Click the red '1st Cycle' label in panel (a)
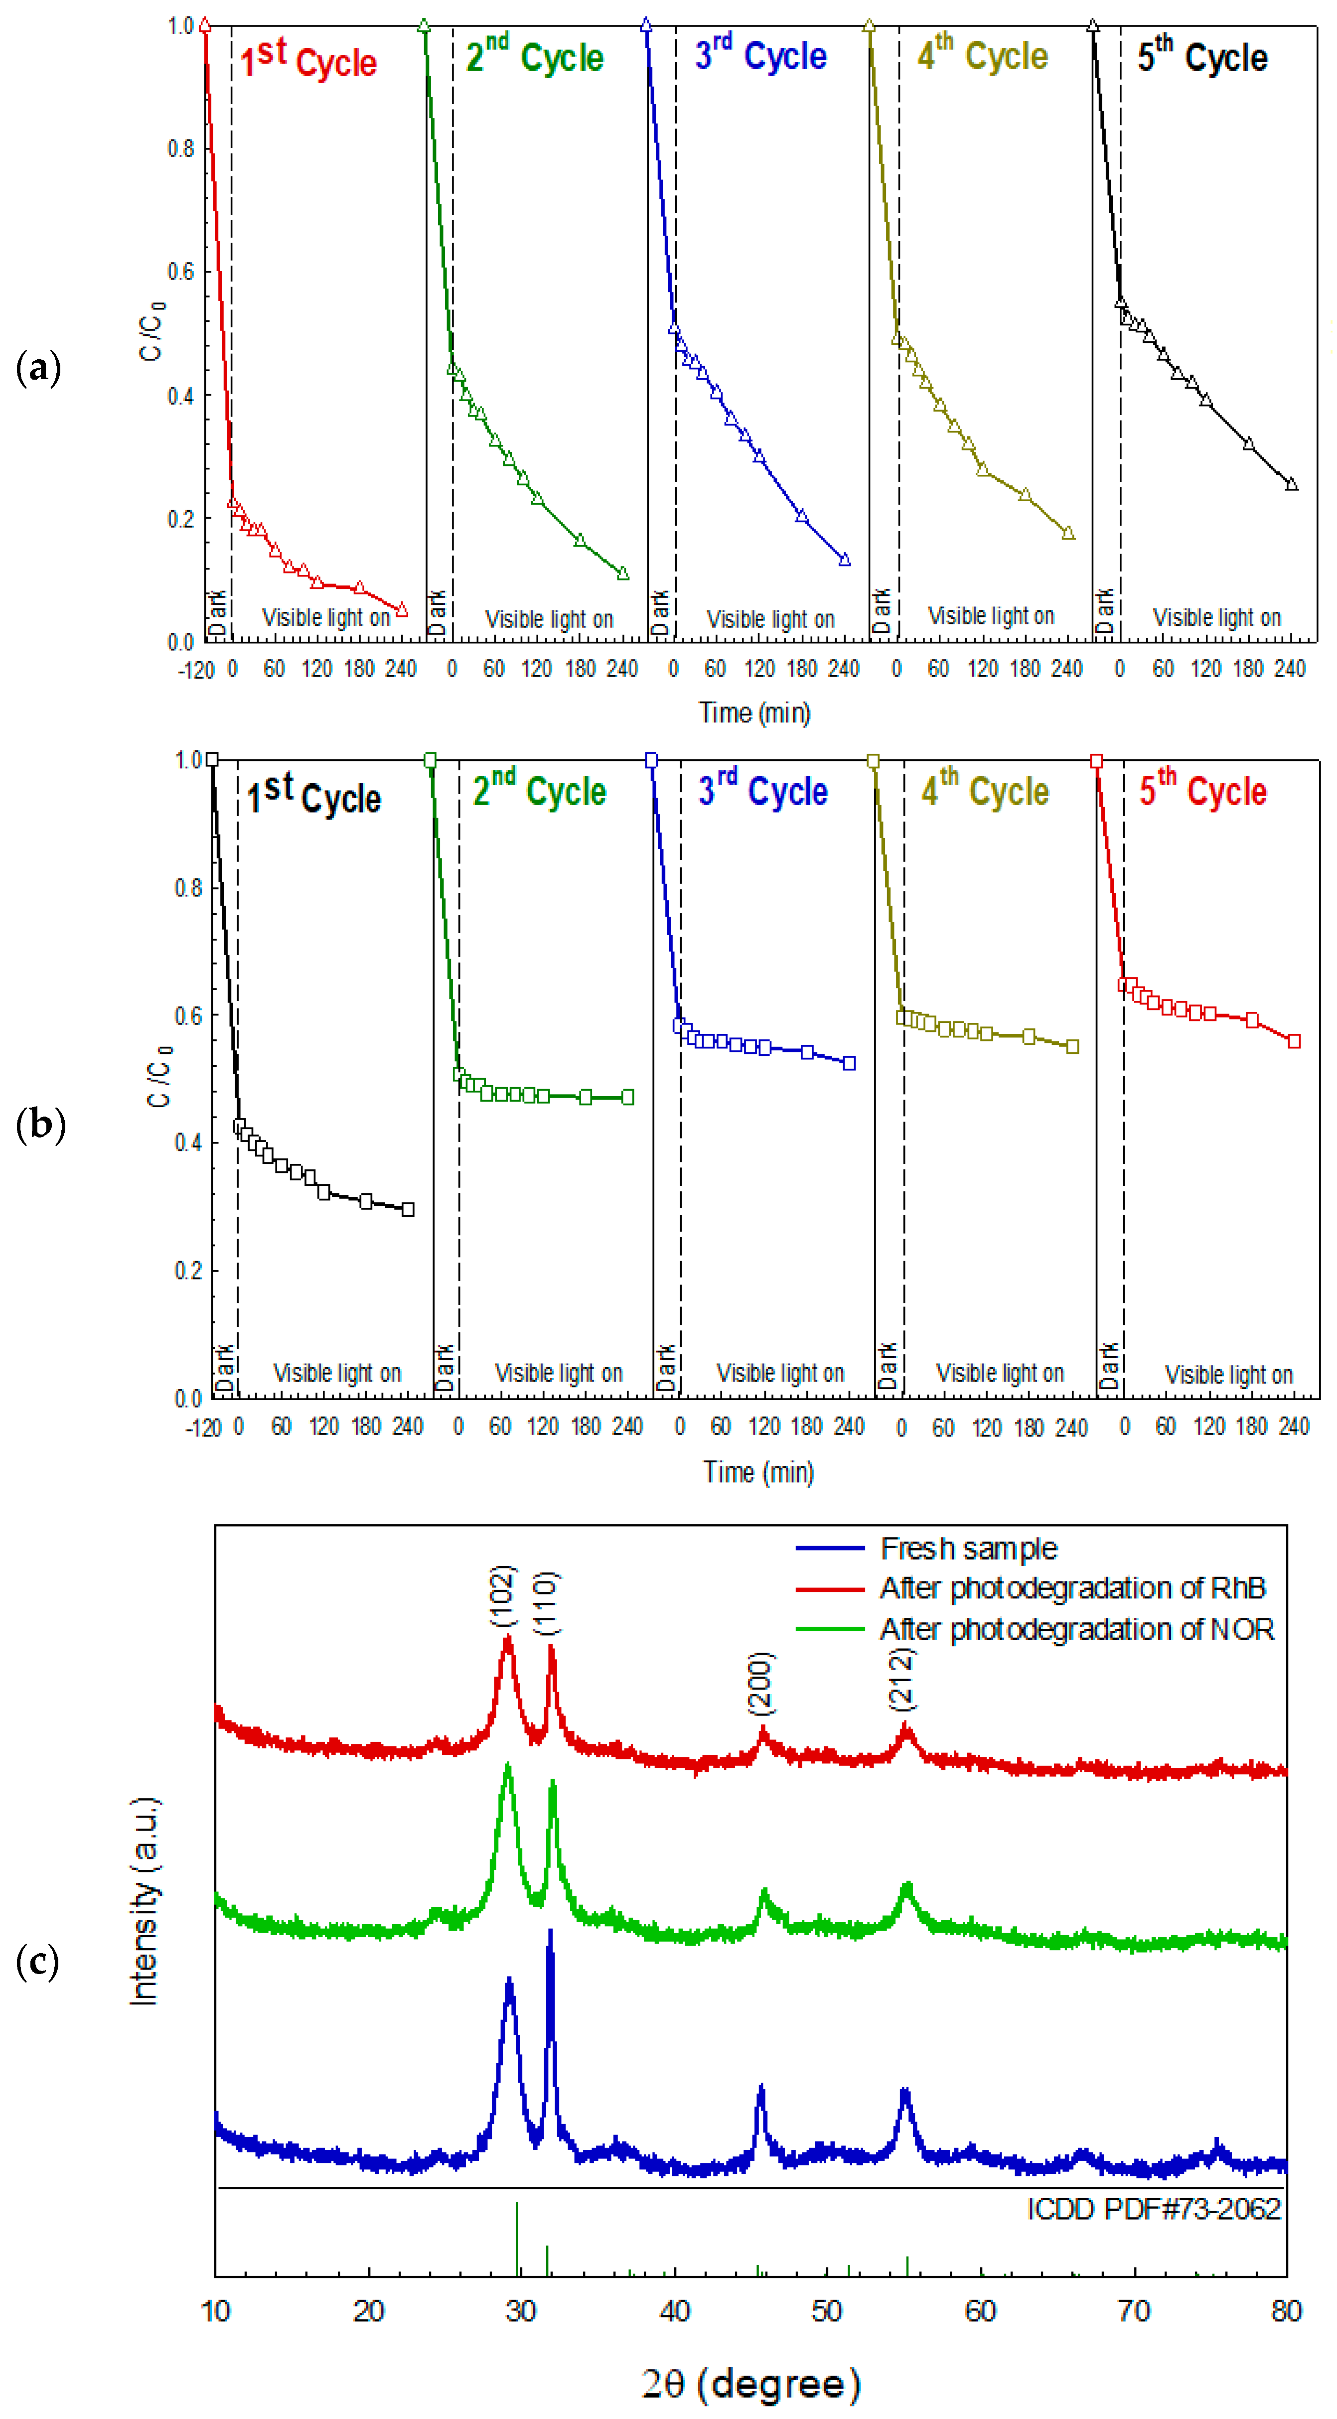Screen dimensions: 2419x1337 308,60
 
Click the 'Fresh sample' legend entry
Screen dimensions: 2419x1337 968,1549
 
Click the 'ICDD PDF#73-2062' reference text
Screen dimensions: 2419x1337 1154,2209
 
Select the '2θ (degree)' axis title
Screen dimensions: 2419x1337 751,2383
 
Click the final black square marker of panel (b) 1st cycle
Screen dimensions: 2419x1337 408,1210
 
